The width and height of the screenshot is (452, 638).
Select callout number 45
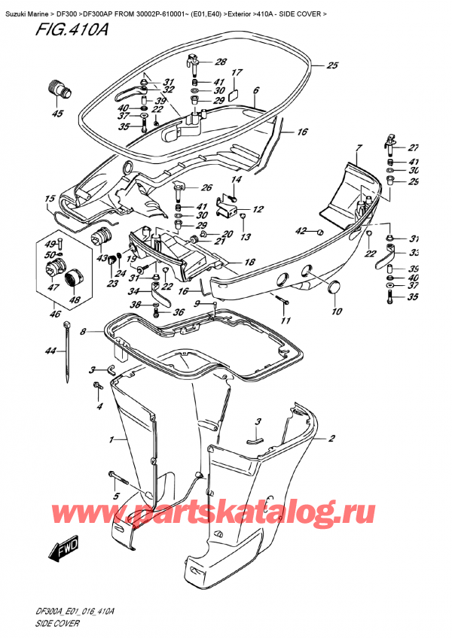56,114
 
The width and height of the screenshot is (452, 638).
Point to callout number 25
332,65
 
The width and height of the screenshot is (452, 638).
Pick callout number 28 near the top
220,62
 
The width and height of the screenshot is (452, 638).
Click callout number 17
236,73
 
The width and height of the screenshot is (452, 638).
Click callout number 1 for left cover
112,439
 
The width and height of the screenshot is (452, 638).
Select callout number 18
249,263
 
